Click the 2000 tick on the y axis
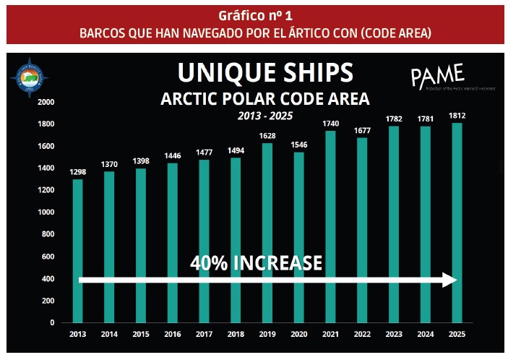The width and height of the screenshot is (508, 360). point(46,102)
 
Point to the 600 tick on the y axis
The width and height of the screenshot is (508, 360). point(49,257)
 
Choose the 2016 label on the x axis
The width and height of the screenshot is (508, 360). point(173,335)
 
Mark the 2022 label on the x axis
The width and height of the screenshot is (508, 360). point(363,335)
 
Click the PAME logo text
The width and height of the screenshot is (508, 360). point(436,74)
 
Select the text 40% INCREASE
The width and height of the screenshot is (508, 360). point(256,263)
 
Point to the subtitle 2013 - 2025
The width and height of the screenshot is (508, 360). point(265,115)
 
